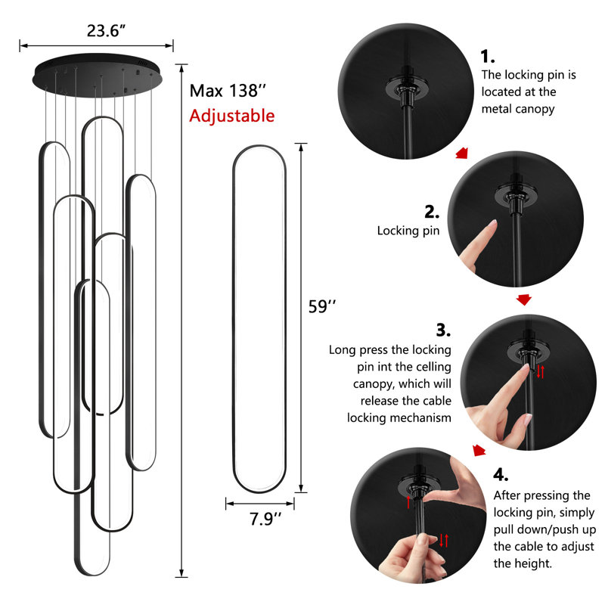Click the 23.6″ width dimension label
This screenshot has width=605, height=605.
[106, 31]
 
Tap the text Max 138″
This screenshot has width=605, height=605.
[228, 91]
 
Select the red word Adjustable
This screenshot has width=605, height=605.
[231, 116]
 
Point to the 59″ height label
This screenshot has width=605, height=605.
[322, 307]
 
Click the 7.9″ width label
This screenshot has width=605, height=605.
[265, 519]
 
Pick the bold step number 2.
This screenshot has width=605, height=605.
[432, 212]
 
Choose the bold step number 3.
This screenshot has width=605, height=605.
[443, 330]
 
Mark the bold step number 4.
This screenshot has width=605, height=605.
[501, 475]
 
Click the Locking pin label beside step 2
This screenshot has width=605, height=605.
[408, 231]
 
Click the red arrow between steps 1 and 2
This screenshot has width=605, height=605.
[462, 153]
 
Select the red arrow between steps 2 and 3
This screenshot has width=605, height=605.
[523, 299]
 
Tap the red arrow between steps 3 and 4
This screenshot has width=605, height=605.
[479, 450]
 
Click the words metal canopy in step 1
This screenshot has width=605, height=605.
[518, 109]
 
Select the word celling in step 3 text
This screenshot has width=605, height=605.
[431, 367]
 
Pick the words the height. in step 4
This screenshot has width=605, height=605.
[523, 563]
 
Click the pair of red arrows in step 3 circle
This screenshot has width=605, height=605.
[540, 371]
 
